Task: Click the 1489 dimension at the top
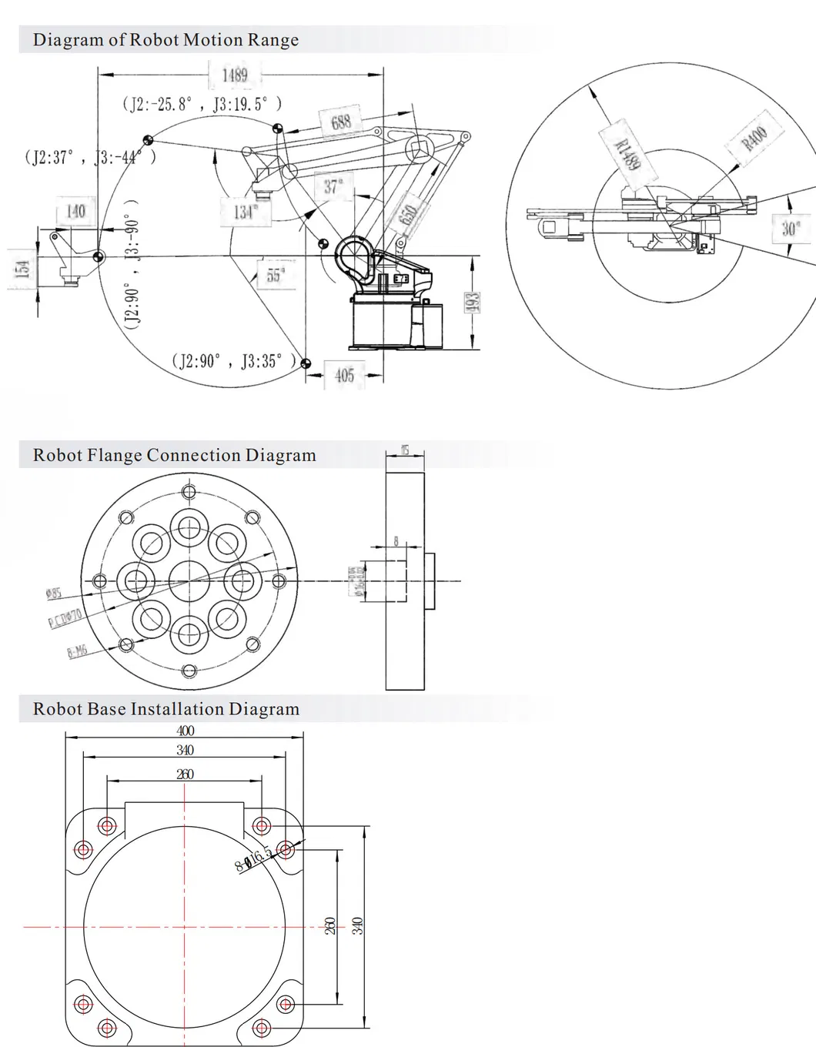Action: click(x=235, y=75)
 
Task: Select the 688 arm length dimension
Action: click(x=341, y=122)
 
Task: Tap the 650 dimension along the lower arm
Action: click(x=409, y=215)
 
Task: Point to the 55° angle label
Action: click(x=276, y=274)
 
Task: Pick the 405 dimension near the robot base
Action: click(x=344, y=375)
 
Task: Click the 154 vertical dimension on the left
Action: click(x=22, y=269)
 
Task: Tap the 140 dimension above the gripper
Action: click(x=75, y=211)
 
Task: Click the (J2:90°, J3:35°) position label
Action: click(x=232, y=360)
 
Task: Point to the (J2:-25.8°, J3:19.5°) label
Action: click(x=202, y=104)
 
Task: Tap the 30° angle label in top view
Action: click(x=791, y=229)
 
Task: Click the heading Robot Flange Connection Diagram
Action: click(x=174, y=455)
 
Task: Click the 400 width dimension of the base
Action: click(x=185, y=731)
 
